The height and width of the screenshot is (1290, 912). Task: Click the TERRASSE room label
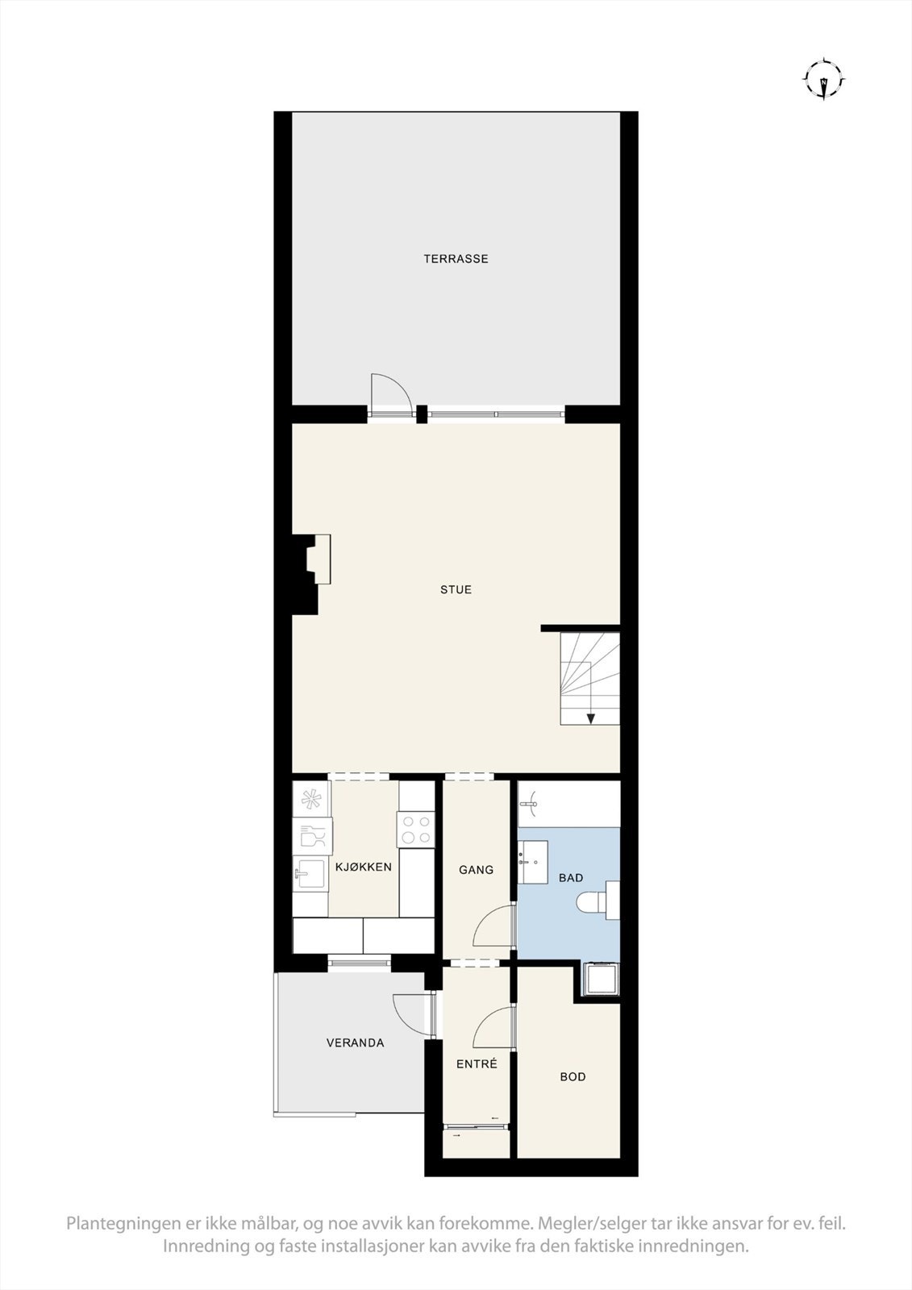point(456,259)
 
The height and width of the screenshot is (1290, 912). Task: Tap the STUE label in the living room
point(456,589)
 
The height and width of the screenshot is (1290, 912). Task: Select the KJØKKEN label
point(364,868)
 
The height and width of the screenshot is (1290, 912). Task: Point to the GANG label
point(476,870)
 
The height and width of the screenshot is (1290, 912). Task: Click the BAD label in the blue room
point(571,878)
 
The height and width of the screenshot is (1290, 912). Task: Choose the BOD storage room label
point(573,1077)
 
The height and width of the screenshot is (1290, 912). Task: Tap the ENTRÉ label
point(477,1064)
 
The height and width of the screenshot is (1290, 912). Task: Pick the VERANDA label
point(355,1042)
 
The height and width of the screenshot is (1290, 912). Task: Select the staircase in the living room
point(590,679)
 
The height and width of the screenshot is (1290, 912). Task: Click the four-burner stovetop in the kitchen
point(415,830)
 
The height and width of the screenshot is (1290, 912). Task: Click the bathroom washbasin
point(533,862)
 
